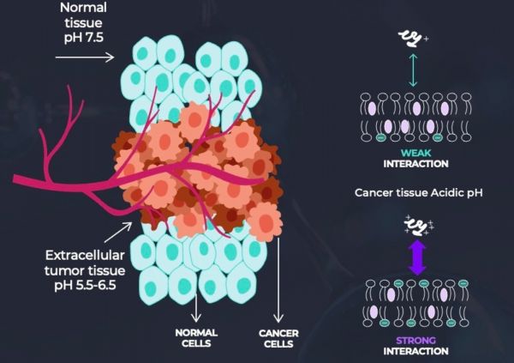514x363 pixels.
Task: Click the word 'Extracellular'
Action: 87,254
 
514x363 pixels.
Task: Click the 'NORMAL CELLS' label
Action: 197,338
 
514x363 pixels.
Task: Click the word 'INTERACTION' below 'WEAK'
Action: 416,163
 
